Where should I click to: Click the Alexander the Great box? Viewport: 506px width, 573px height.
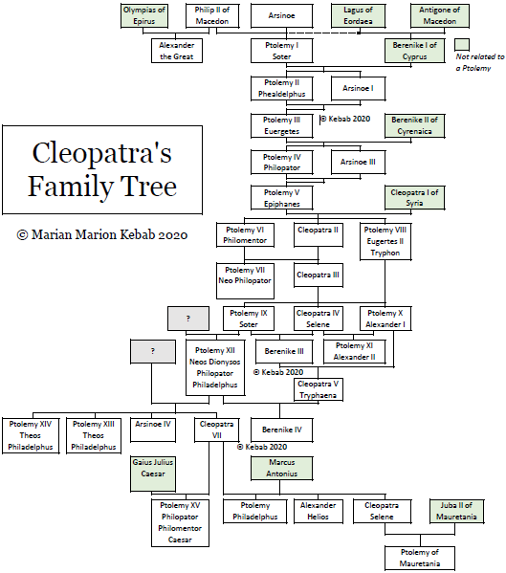point(177,51)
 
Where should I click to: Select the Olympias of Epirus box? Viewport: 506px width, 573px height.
point(144,15)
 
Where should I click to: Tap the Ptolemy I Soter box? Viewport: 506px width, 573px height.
point(281,51)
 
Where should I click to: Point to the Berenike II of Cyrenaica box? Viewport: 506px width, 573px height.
point(415,125)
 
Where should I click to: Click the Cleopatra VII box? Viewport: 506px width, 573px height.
point(216,430)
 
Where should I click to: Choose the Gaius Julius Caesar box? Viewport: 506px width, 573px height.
point(153,474)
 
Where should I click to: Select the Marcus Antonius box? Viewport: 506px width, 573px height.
point(281,468)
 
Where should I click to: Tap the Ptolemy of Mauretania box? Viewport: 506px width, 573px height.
point(420,558)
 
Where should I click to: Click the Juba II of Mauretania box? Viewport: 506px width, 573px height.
point(456,511)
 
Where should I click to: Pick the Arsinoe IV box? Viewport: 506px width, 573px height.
point(153,430)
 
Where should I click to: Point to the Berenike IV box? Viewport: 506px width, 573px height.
point(281,430)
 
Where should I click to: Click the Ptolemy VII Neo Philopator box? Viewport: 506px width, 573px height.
point(245,280)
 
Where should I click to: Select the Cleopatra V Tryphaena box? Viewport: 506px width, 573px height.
point(319,389)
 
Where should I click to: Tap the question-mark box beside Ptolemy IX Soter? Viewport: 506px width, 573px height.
point(188,319)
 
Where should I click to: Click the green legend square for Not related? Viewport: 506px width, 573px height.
point(462,45)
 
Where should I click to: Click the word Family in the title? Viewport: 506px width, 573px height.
point(71,187)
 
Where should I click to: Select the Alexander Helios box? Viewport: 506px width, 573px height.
point(319,511)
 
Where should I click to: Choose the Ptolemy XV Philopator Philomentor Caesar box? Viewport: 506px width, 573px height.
point(180,523)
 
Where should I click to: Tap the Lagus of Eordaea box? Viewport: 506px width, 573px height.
point(358,15)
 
